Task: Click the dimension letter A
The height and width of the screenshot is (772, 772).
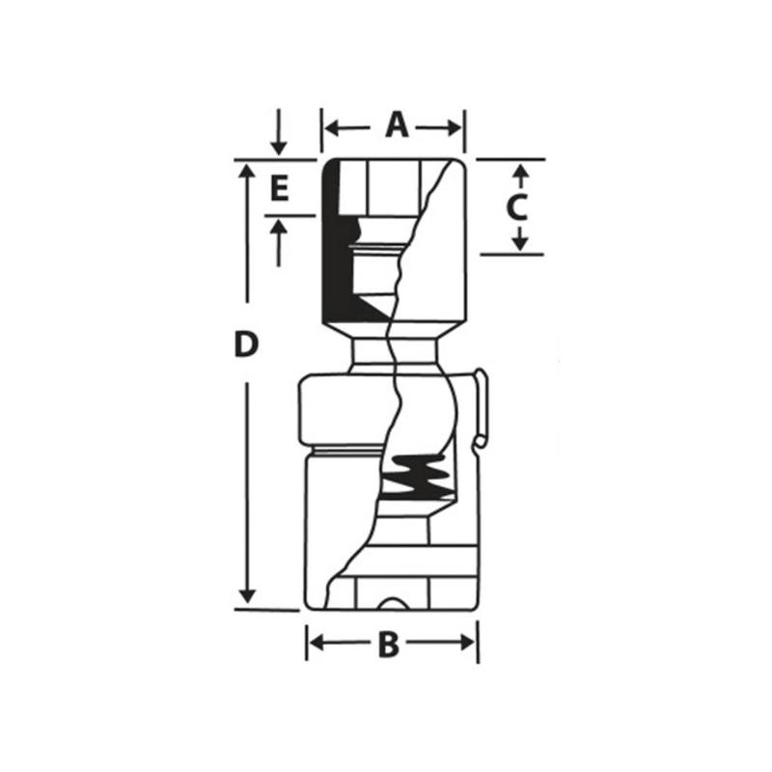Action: coord(397,125)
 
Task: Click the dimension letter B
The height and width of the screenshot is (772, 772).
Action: coord(389,645)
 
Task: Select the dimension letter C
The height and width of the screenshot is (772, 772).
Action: coord(516,207)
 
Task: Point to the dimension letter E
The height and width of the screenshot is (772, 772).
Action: coord(279,189)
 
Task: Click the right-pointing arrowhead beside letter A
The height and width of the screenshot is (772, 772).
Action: coord(455,128)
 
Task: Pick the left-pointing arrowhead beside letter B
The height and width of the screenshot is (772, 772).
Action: coord(317,642)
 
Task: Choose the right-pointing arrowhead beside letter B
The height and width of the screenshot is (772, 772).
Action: coord(467,642)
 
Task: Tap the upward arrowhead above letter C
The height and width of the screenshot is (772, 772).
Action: coord(521,172)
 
